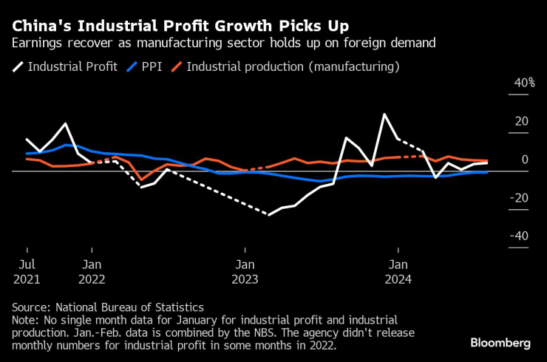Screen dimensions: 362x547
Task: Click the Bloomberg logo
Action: coord(500,343)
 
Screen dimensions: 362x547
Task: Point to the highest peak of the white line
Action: coord(384,115)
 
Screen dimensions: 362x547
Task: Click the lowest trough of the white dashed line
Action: coord(269,215)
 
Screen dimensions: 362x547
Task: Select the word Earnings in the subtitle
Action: coord(35,43)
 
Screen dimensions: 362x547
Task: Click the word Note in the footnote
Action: coord(25,319)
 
